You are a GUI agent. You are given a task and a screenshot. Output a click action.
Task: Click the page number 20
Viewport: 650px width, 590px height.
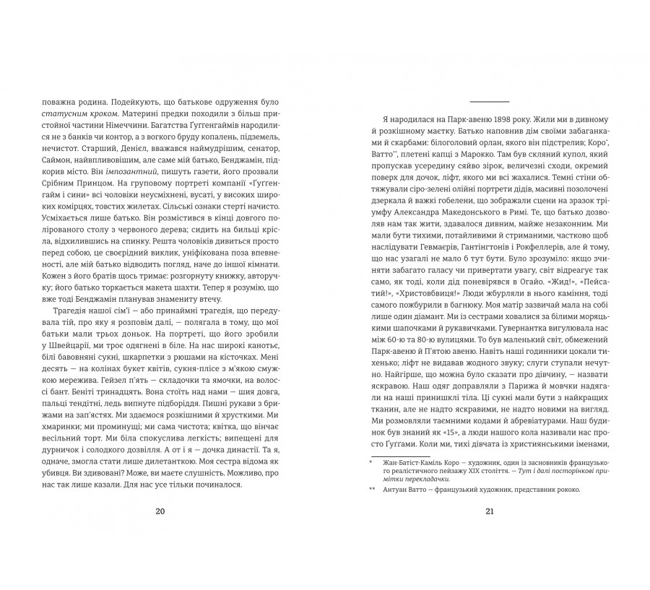[x=160, y=511]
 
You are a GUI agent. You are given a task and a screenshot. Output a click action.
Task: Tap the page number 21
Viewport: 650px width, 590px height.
[x=489, y=511]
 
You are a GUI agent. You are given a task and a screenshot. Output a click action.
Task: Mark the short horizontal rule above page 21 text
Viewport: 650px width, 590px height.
[x=489, y=101]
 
